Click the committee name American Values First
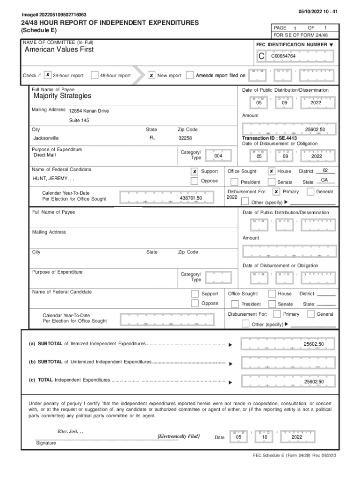coord(59,50)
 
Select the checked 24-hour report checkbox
coord(48,75)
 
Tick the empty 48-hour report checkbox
coord(94,75)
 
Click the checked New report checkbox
coord(151,75)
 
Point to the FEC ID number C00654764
coord(283,56)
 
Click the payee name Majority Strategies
coord(62,96)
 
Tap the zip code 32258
coord(185,138)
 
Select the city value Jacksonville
coord(46,138)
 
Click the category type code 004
coord(218,156)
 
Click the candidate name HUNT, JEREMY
coord(53,179)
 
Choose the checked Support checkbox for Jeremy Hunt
coord(194,172)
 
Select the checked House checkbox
coord(272,172)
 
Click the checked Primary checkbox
coord(276,192)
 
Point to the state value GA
coord(324,181)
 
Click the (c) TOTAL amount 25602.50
coord(313,382)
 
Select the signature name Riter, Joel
coord(67,431)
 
